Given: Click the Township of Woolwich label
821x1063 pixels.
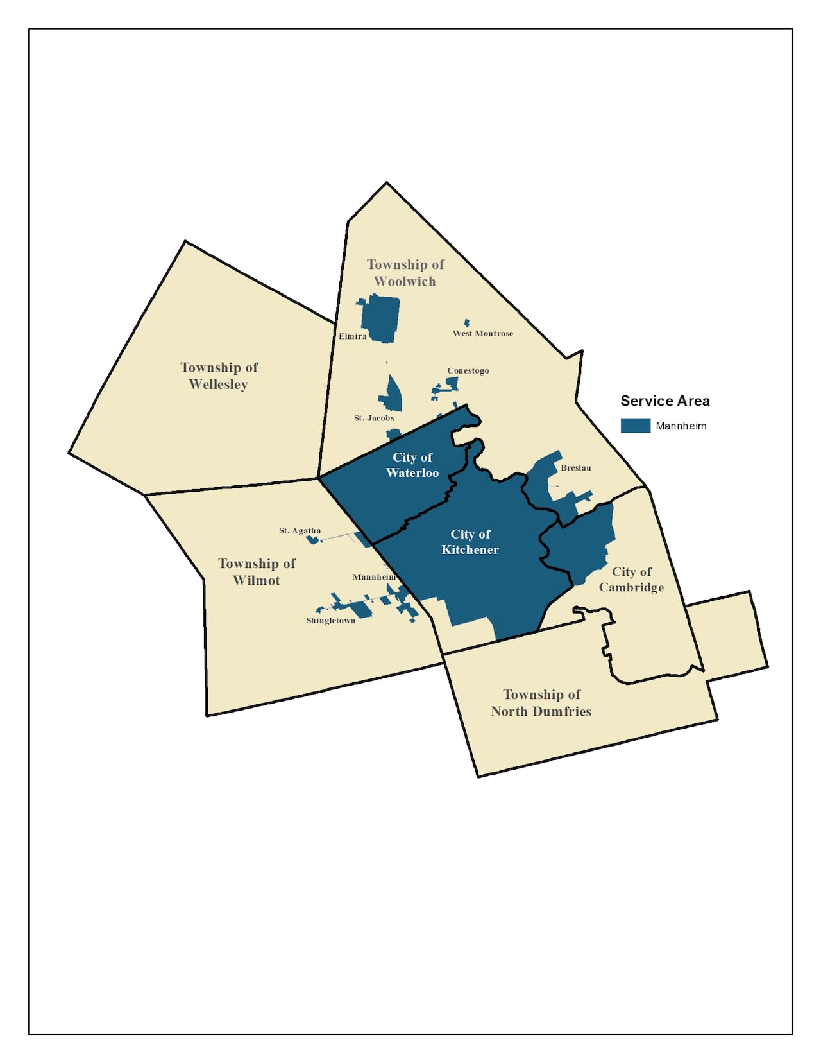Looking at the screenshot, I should pyautogui.click(x=405, y=273).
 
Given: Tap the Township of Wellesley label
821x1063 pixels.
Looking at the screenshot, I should pyautogui.click(x=219, y=376).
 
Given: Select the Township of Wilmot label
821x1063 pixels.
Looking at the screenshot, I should pyautogui.click(x=257, y=572).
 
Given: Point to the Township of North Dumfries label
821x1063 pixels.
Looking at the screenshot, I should pyautogui.click(x=541, y=703).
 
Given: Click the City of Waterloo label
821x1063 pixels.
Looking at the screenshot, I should pyautogui.click(x=412, y=465).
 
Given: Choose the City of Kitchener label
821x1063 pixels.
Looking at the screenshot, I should pyautogui.click(x=470, y=542).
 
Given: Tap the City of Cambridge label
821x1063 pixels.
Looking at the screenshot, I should pyautogui.click(x=631, y=580).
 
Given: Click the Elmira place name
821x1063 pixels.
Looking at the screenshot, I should pyautogui.click(x=353, y=336).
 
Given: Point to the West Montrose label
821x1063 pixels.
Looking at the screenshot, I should pyautogui.click(x=482, y=333).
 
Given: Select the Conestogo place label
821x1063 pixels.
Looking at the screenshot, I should pyautogui.click(x=468, y=370).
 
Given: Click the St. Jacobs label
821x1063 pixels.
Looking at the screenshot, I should pyautogui.click(x=374, y=418).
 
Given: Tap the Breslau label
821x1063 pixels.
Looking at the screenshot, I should pyautogui.click(x=575, y=468).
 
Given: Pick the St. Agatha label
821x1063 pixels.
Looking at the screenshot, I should pyautogui.click(x=300, y=531).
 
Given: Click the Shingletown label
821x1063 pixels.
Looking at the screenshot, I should pyautogui.click(x=330, y=621).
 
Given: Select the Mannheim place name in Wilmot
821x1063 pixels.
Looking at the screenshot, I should pyautogui.click(x=374, y=577).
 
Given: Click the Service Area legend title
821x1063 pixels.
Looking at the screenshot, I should pyautogui.click(x=665, y=401).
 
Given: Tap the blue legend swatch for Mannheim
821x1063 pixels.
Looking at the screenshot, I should pyautogui.click(x=635, y=426).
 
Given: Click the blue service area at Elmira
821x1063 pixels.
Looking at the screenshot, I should pyautogui.click(x=380, y=318).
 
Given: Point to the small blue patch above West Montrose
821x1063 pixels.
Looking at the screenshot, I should pyautogui.click(x=467, y=323).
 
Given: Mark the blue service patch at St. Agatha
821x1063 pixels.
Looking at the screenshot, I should pyautogui.click(x=313, y=540).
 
